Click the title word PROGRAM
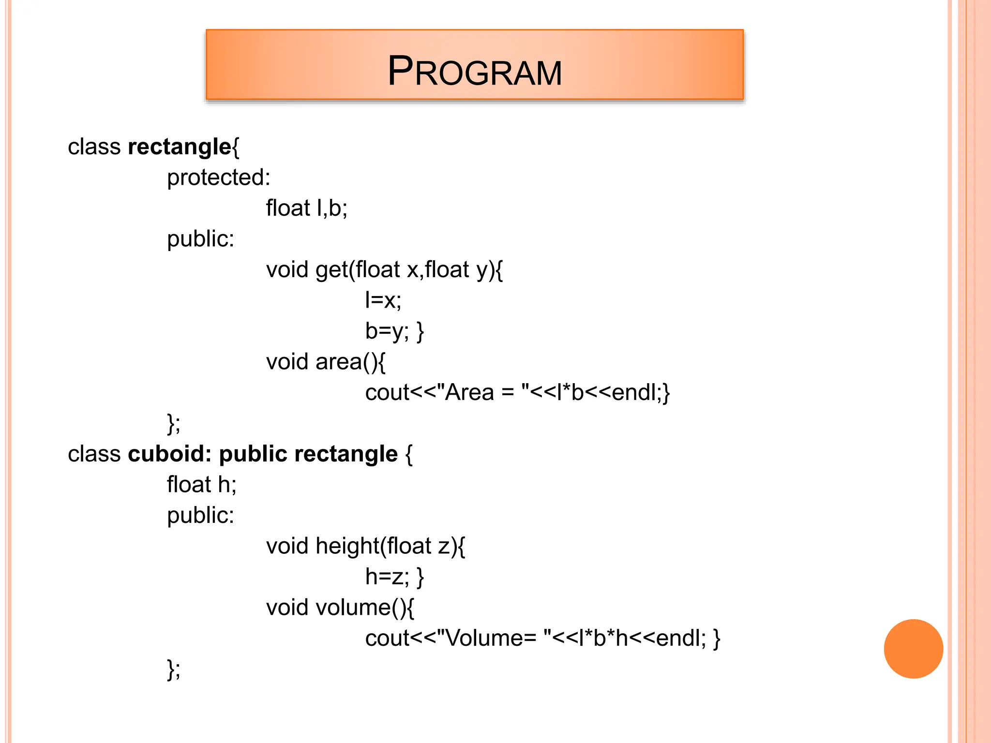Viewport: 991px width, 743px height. click(x=475, y=72)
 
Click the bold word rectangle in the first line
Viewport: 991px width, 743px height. click(x=179, y=147)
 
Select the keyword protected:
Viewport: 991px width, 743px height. click(x=219, y=178)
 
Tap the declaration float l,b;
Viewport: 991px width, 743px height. click(x=307, y=208)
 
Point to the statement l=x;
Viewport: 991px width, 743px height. click(x=383, y=300)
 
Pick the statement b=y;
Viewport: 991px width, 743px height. click(x=387, y=331)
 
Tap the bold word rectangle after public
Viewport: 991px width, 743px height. click(x=345, y=454)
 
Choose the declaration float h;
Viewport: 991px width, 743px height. click(x=202, y=485)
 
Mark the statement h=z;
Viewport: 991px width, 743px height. click(x=387, y=577)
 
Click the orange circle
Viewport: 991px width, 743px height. click(x=913, y=649)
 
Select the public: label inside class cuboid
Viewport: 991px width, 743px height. click(x=200, y=515)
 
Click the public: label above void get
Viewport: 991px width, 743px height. click(x=200, y=239)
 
